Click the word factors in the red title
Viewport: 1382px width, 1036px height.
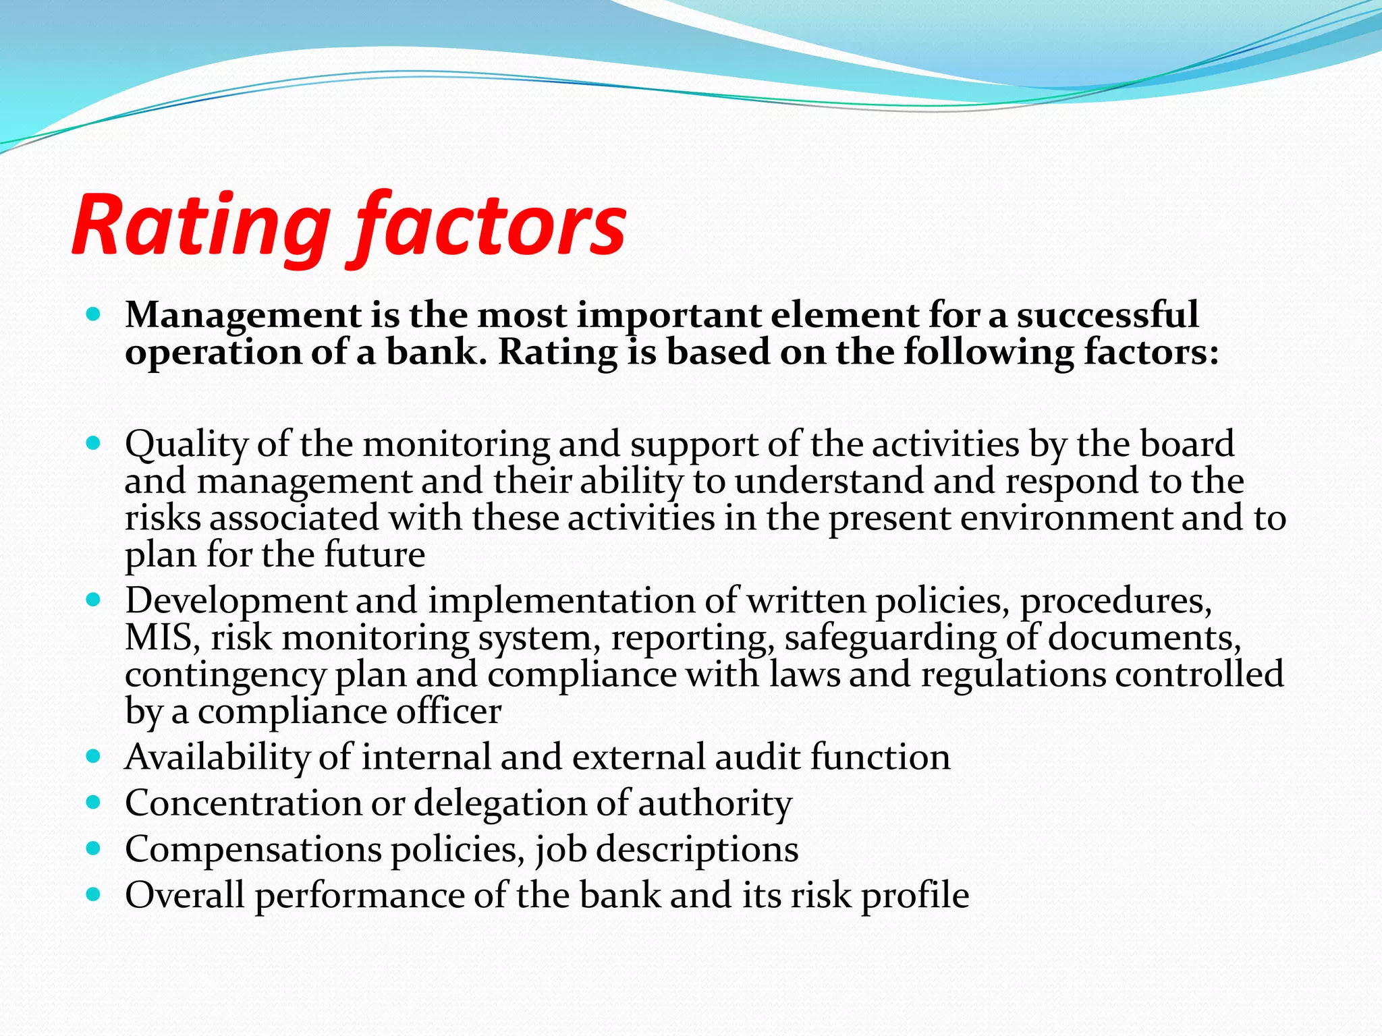click(x=489, y=226)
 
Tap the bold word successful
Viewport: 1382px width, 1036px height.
click(x=1107, y=316)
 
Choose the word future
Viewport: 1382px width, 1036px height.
click(x=375, y=554)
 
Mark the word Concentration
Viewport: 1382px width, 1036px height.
click(x=243, y=803)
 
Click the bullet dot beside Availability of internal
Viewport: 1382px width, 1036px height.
click(x=94, y=757)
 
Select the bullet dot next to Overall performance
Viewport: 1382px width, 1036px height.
click(x=94, y=895)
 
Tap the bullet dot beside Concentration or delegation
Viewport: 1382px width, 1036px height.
click(x=94, y=803)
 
